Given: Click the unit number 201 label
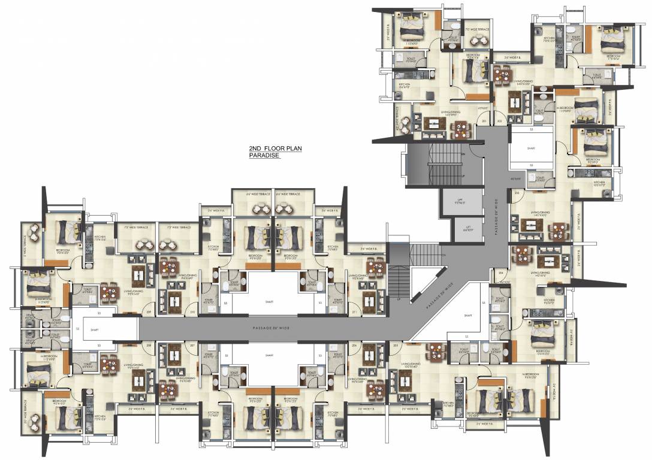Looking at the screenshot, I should pos(484,122).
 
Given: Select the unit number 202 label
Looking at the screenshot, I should pos(500,122).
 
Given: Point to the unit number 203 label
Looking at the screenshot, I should pos(517,193).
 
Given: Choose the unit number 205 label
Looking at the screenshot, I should pos(396,346).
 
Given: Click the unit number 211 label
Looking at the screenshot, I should pos(355,313).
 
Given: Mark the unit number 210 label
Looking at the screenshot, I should pos(192,313).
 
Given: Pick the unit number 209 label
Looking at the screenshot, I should pos(148,313).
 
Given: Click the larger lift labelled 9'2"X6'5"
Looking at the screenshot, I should pos(461,202).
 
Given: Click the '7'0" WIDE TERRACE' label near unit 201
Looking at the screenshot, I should pos(478,29).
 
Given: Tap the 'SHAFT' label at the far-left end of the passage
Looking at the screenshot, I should pos(94,329).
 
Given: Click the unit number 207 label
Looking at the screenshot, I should pos(192,346).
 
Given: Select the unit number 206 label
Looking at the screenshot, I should pos(355,346).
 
